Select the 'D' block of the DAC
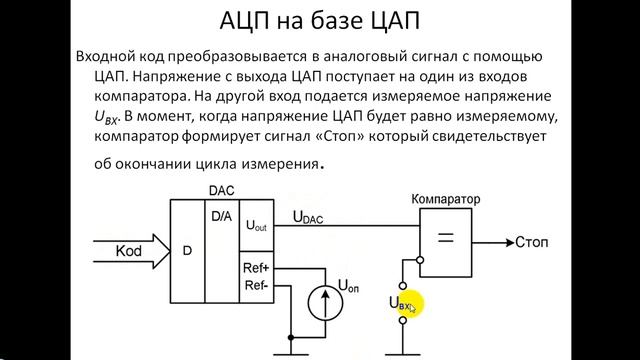(187, 249)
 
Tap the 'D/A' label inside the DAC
(223, 215)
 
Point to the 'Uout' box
(256, 227)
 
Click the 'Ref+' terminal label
(257, 269)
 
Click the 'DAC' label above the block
(222, 190)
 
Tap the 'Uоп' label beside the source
(349, 285)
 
